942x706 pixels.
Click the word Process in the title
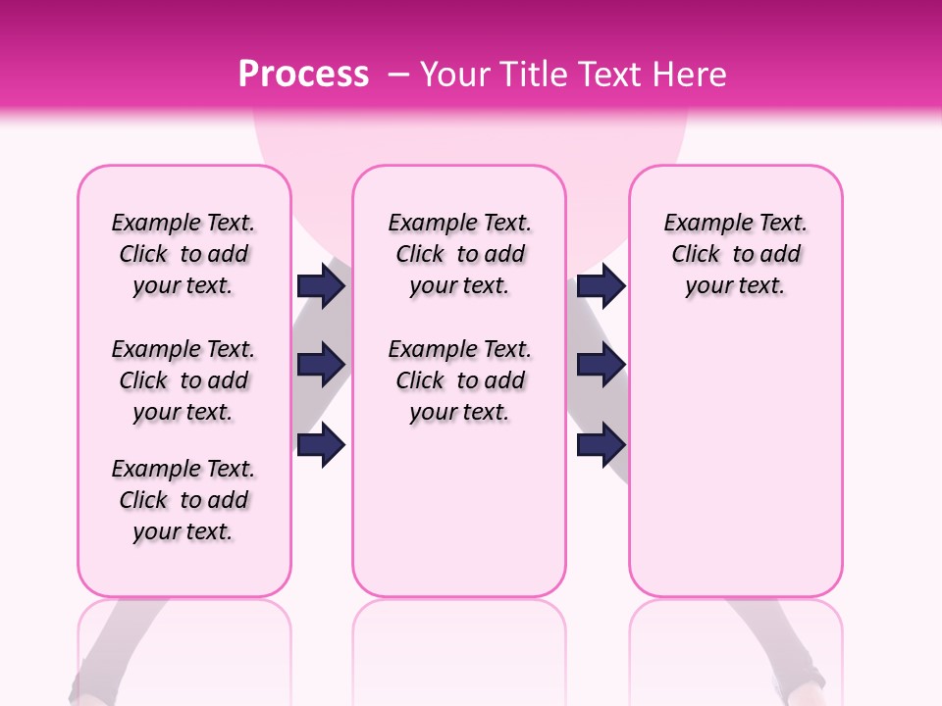click(x=303, y=75)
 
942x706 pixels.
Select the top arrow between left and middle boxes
click(x=321, y=286)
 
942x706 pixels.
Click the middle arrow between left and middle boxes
click(x=321, y=365)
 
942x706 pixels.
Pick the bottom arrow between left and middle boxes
click(x=321, y=445)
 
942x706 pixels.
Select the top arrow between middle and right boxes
click(x=601, y=286)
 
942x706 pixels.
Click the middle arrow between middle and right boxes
click(x=601, y=365)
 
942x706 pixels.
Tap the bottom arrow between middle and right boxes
click(x=601, y=445)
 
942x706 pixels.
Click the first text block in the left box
click(x=183, y=254)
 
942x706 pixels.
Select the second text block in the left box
click(x=183, y=380)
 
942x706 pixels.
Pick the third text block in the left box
click(x=183, y=500)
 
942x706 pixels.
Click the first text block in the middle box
click(x=460, y=254)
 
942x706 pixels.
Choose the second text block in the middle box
click(x=460, y=380)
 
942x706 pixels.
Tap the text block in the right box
click(x=736, y=254)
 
